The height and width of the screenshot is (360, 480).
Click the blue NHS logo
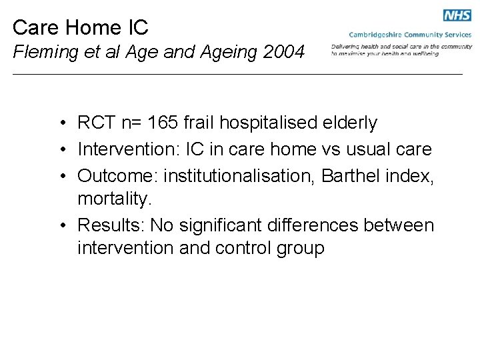(457, 16)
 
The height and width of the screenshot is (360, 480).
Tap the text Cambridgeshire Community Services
(410, 35)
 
